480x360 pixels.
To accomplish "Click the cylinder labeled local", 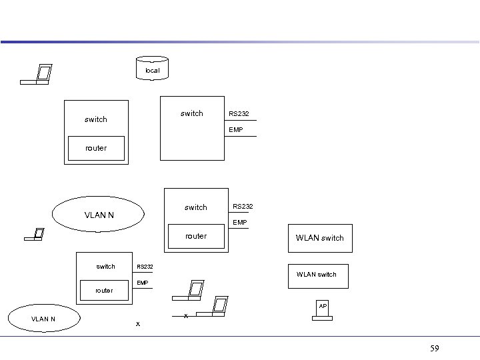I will [152, 69].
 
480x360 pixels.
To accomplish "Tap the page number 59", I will [435, 348].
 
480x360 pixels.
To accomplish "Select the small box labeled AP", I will [323, 307].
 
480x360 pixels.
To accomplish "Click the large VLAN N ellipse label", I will [99, 215].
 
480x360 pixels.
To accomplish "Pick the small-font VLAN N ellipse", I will [43, 319].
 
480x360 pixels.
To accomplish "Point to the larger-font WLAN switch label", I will [320, 238].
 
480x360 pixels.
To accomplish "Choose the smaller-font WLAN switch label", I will [317, 274].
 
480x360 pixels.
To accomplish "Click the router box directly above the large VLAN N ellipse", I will [96, 149].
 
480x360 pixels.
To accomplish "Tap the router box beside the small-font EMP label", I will [104, 291].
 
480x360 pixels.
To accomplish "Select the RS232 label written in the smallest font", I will [145, 267].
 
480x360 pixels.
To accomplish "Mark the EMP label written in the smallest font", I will [143, 283].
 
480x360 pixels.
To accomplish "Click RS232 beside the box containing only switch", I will [239, 114].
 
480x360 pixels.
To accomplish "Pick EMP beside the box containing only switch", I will [235, 130].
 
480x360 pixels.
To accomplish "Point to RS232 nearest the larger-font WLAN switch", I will [243, 207].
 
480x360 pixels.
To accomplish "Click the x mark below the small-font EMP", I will [138, 324].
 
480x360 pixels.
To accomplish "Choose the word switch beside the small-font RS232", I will [105, 267].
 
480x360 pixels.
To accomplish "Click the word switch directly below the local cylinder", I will [192, 113].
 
